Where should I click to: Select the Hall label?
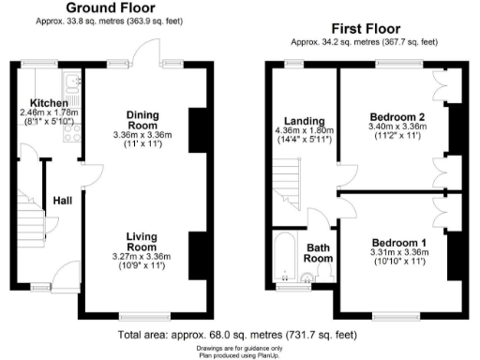[63, 200]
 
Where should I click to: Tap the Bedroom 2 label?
[393, 117]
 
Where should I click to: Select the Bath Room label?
[320, 253]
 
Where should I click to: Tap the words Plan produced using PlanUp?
[239, 354]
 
